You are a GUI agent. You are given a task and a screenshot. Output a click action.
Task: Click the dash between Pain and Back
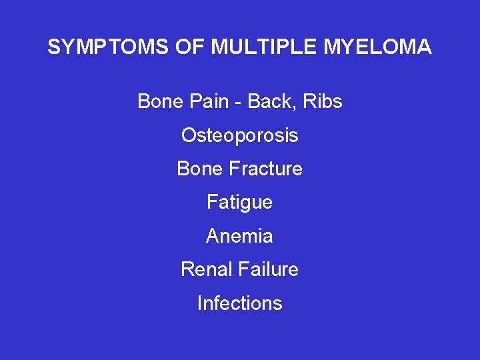click(x=239, y=102)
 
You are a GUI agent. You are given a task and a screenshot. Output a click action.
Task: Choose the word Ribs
click(x=322, y=101)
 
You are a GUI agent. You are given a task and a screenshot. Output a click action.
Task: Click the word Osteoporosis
click(x=240, y=135)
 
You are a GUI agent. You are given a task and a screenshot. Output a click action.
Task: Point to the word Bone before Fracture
click(x=198, y=169)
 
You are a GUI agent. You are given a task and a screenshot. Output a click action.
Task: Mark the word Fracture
click(x=265, y=169)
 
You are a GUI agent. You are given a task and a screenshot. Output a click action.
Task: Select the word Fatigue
click(x=240, y=202)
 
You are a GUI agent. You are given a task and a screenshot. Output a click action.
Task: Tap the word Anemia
click(x=240, y=236)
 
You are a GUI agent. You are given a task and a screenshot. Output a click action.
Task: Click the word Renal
click(x=205, y=269)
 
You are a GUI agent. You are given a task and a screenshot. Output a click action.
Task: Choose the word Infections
click(x=240, y=303)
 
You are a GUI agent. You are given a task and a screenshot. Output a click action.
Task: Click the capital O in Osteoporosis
click(x=189, y=135)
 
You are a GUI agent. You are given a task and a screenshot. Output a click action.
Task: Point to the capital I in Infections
click(x=200, y=303)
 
